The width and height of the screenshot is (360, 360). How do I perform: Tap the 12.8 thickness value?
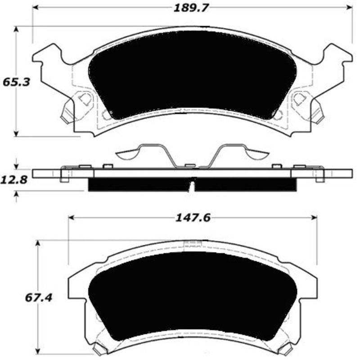coord(13,180)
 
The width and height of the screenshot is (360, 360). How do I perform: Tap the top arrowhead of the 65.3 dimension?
coord(17,29)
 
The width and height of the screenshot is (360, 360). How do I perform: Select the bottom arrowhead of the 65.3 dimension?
coord(17,133)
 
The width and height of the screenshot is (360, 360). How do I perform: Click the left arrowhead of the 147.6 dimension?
coord(71,218)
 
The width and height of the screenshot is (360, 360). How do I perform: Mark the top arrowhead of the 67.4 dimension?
coord(38,243)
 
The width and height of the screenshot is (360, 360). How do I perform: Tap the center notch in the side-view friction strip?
coord(193,185)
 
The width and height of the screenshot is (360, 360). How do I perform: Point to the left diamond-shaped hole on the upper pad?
coord(84,99)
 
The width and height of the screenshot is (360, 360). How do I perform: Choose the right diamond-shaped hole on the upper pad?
coord(300,99)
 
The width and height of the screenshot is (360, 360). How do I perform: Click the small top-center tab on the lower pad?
coord(192,244)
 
